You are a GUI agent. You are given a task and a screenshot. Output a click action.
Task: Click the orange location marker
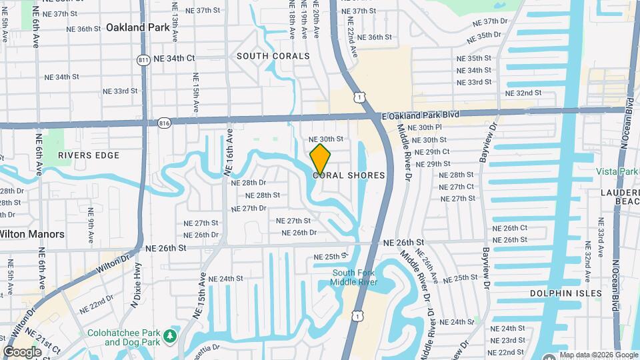320,159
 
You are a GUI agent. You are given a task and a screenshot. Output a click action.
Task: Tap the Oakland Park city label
133,27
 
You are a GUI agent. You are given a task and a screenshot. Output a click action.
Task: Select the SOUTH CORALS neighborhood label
273,57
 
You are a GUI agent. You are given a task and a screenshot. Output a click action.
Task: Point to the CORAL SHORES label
349,175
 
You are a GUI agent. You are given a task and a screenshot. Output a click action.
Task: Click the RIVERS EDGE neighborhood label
89,155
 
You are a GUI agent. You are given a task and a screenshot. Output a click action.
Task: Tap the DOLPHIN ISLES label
565,293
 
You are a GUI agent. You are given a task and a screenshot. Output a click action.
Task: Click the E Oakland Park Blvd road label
421,115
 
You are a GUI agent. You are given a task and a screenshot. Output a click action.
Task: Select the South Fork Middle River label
355,277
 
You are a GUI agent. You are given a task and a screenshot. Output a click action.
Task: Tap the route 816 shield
165,123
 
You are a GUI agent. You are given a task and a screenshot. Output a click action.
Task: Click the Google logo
22,352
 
